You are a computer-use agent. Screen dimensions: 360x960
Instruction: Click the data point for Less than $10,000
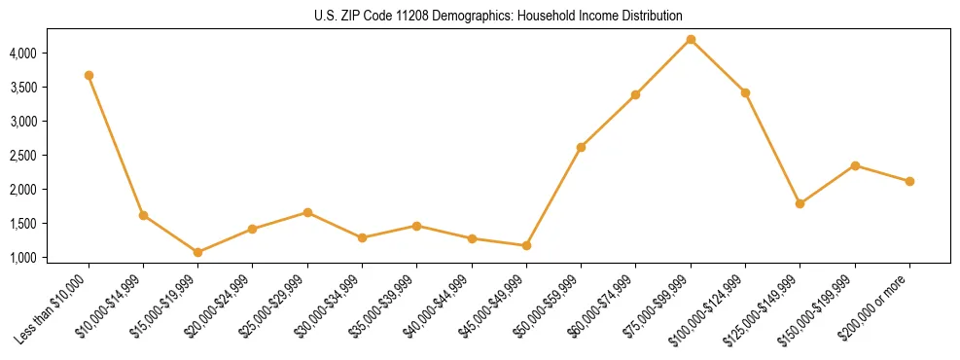pyautogui.click(x=89, y=75)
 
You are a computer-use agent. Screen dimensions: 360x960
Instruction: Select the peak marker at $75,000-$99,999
pyautogui.click(x=691, y=39)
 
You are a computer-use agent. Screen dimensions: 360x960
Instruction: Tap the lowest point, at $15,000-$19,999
pyautogui.click(x=197, y=252)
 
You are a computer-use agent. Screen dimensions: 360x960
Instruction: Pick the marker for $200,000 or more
pyautogui.click(x=909, y=181)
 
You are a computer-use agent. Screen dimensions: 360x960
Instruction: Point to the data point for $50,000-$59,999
pyautogui.click(x=581, y=147)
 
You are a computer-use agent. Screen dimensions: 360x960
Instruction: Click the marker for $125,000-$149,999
pyautogui.click(x=800, y=203)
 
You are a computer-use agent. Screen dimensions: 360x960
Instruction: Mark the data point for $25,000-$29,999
pyautogui.click(x=307, y=212)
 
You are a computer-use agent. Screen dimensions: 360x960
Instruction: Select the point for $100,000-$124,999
pyautogui.click(x=745, y=92)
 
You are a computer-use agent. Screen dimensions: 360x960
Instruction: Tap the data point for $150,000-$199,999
pyautogui.click(x=855, y=165)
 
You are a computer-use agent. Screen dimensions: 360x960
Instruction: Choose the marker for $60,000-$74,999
pyautogui.click(x=635, y=94)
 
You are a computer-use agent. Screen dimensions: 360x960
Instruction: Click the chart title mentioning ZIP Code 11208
pyautogui.click(x=479, y=16)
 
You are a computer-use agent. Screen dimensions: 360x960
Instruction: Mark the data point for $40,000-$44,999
pyautogui.click(x=472, y=238)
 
